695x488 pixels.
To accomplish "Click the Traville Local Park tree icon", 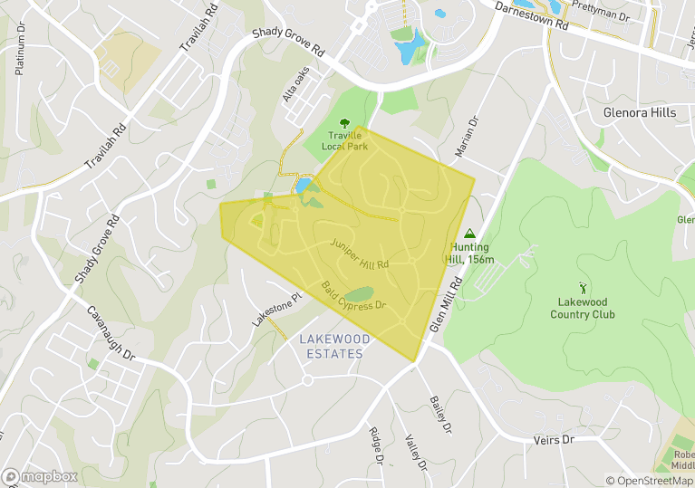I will point(343,123).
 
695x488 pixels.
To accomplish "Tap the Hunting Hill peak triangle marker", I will point(468,233).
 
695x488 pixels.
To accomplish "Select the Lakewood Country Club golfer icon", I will point(582,289).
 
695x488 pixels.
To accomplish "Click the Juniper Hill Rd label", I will point(360,254).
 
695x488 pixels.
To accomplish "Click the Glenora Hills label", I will point(639,113).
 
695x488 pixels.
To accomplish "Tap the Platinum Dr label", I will point(20,49).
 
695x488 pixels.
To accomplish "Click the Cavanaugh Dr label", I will point(111,332).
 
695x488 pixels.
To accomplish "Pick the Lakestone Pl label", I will point(276,310).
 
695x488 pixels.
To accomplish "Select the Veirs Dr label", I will point(555,439).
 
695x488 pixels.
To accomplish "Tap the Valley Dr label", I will point(416,452).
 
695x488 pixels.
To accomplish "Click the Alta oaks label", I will point(296,83).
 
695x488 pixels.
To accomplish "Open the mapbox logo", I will point(41,476).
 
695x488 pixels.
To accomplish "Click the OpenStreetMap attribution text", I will point(650,481).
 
